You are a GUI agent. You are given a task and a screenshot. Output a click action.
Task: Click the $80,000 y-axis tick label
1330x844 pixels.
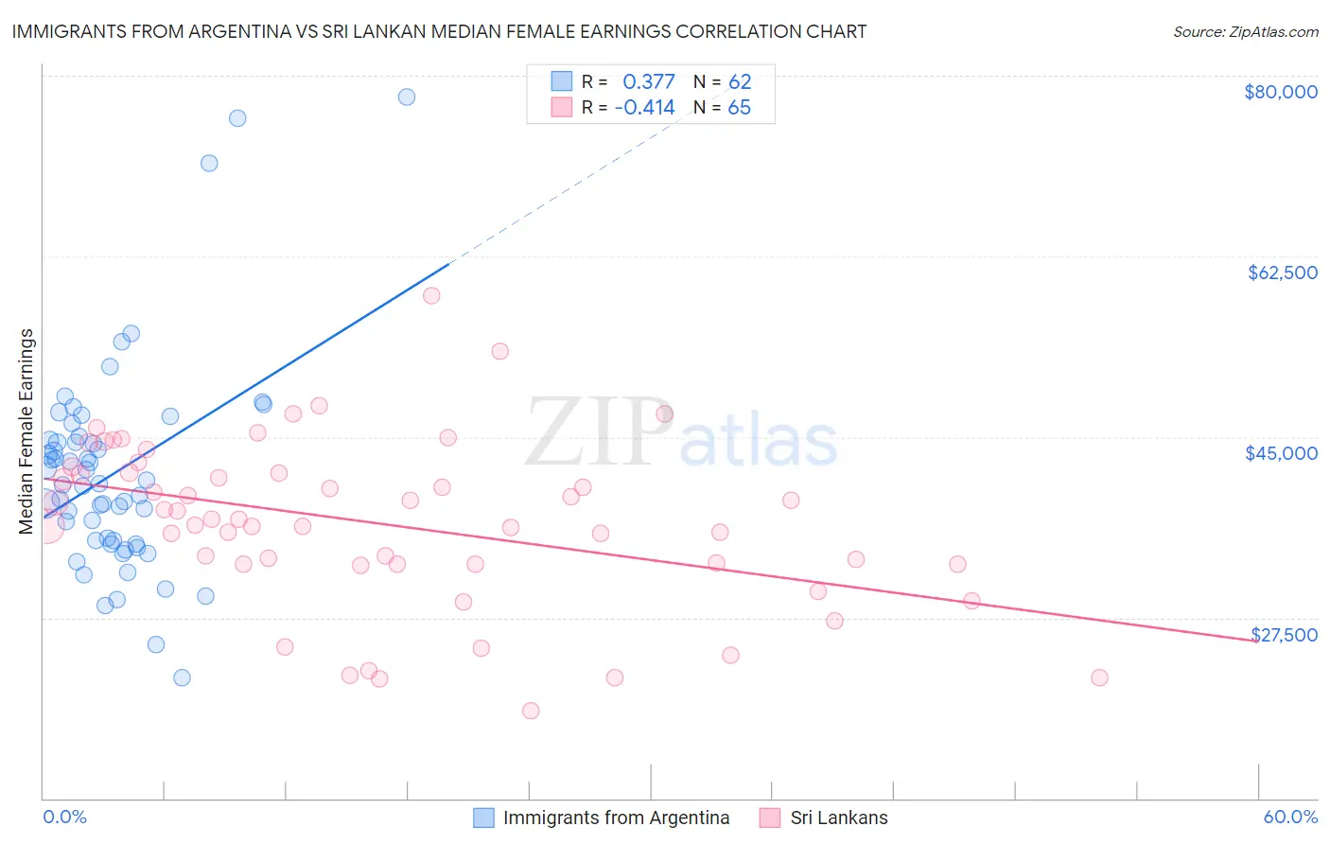pos(1280,92)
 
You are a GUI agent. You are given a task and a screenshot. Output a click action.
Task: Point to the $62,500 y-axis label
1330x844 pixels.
pos(1282,273)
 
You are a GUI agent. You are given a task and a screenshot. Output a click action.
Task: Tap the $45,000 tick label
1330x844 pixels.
pos(1281,453)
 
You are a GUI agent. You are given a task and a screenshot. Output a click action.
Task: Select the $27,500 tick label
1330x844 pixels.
pos(1284,635)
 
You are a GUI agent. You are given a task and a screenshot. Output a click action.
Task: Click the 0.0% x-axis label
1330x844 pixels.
pos(64,817)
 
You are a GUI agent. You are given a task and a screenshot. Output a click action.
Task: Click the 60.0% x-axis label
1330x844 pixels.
pos(1290,817)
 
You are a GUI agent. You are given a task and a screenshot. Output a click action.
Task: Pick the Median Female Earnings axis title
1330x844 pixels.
pos(26,431)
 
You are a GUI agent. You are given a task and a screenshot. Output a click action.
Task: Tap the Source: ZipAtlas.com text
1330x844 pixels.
pos(1245,31)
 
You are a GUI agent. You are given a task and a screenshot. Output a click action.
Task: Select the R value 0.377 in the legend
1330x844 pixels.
pos(648,81)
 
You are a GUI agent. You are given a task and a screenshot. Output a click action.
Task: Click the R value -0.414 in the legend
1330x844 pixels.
pos(644,107)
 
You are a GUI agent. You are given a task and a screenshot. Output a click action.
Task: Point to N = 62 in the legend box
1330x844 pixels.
pos(722,81)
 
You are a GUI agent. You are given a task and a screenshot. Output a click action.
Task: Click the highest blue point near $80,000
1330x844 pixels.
pos(407,97)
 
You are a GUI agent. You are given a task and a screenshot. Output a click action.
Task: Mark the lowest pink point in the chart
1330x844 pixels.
pos(531,711)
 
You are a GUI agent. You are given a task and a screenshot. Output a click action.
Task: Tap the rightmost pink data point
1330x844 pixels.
pos(1099,677)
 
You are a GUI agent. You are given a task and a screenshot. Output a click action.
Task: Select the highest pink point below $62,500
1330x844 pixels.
pos(431,295)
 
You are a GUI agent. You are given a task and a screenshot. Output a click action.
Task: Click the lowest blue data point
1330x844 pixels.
pos(182,677)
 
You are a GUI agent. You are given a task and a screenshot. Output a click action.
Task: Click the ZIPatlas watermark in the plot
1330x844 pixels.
pos(681,433)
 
